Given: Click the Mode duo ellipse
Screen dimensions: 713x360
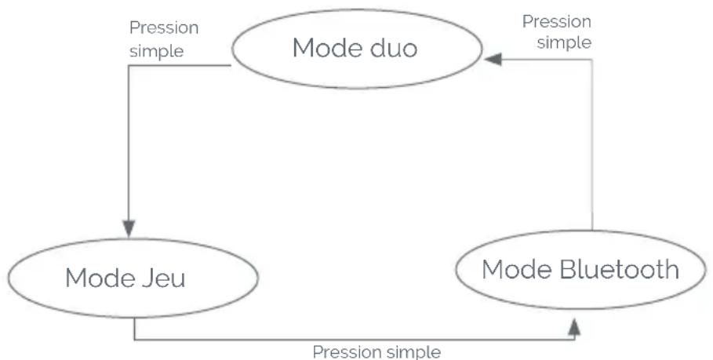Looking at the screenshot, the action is (357, 11).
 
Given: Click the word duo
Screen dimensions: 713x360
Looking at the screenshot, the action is (393, 48).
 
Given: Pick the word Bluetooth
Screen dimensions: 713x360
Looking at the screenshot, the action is (620, 269).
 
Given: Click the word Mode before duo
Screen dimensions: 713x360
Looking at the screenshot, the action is (327, 48).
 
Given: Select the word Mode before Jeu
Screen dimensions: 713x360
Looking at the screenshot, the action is (100, 278).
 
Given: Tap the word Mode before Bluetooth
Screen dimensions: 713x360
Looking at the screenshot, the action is (517, 269).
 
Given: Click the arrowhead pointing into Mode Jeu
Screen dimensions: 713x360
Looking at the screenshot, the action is (129, 229).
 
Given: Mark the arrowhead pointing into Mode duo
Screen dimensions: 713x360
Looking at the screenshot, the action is (493, 59).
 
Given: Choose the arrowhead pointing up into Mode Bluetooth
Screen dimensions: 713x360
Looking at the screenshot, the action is (574, 327).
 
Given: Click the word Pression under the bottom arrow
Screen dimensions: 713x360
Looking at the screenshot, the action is (347, 352).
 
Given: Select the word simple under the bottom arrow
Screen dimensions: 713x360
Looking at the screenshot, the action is (414, 352).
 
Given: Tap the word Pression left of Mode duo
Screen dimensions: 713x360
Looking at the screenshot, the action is (164, 27).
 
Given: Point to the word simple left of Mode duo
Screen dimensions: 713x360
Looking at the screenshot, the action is (156, 51).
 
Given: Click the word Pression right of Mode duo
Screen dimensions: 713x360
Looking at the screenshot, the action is (557, 21).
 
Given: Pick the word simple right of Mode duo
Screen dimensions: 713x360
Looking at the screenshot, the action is (564, 42).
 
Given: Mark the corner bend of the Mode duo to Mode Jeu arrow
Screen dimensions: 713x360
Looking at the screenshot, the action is (129, 65).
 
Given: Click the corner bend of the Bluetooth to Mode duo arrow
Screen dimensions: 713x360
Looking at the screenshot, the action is (592, 60).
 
